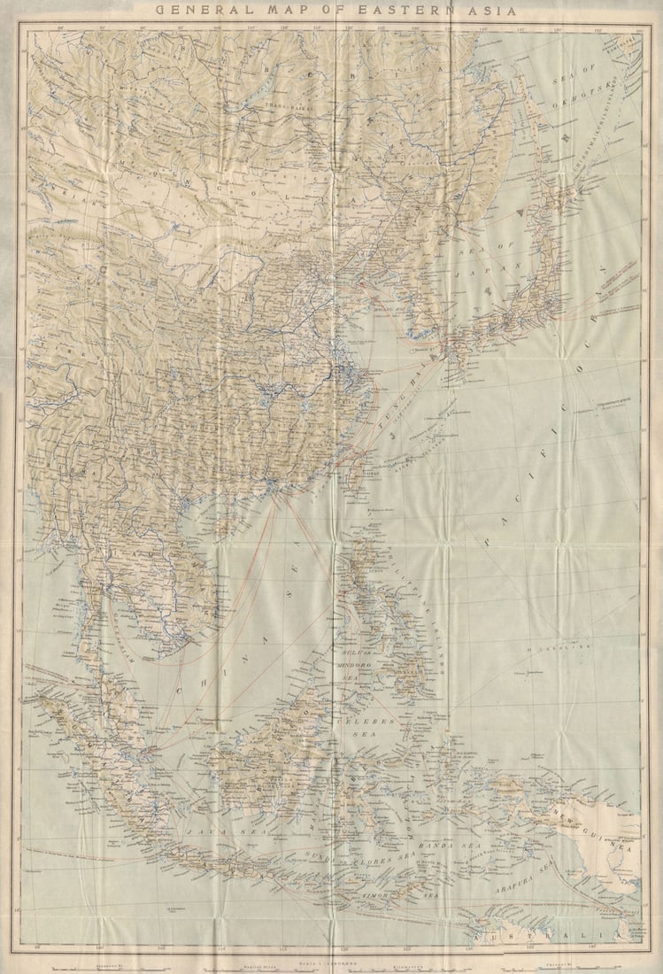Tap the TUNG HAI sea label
pyautogui.click(x=404, y=409)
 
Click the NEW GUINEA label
pyautogui.click(x=611, y=837)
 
